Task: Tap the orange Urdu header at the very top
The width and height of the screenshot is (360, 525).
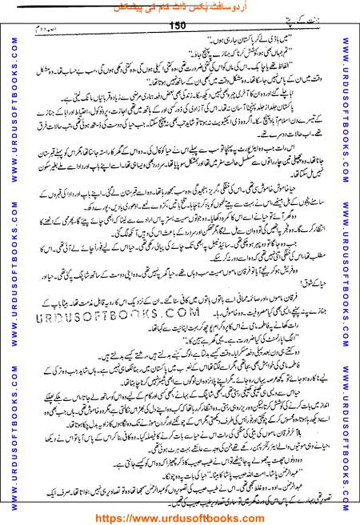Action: (x=179, y=7)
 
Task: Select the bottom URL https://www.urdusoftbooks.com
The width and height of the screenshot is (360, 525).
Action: (x=179, y=517)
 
